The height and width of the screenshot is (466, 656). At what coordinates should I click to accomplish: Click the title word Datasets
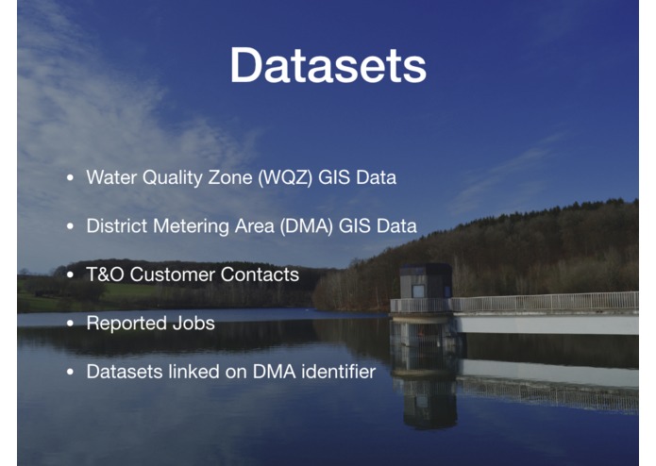[x=328, y=67]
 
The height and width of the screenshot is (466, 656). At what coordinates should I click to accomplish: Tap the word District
[x=114, y=226]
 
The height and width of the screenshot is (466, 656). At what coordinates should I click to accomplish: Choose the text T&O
[x=105, y=275]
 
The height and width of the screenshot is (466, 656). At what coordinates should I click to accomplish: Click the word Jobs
[x=192, y=324]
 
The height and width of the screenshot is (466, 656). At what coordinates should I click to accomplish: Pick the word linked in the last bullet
[x=186, y=372]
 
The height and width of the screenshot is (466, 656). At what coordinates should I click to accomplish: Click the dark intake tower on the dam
[x=424, y=282]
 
